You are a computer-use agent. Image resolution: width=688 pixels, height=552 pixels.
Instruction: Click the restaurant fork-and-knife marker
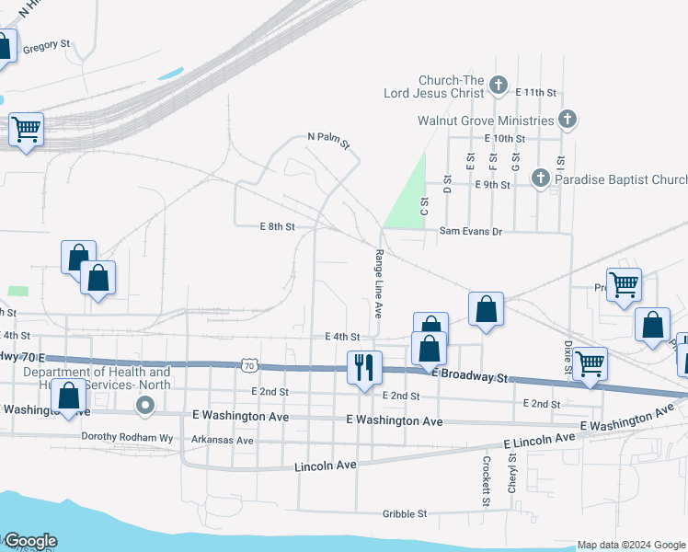tap(364, 368)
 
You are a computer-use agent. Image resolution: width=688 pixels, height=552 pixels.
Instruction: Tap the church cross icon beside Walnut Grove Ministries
tap(568, 120)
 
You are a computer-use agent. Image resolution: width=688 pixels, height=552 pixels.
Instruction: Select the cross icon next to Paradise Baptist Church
tap(541, 180)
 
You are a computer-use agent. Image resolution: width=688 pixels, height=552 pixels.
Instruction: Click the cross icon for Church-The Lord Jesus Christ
tap(499, 86)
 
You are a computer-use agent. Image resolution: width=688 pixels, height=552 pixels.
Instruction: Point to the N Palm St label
tap(329, 141)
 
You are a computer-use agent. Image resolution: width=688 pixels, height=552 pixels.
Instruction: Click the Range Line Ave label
tap(378, 284)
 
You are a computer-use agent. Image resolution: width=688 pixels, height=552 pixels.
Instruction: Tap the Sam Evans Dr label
tap(470, 232)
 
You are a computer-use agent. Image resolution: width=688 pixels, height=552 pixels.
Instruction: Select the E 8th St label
tap(278, 226)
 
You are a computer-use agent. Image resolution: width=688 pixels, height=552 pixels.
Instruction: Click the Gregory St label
tap(46, 44)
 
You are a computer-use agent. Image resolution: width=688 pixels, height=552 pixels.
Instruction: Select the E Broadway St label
tap(471, 377)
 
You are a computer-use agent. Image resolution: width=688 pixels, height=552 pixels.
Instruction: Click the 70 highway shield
tap(249, 365)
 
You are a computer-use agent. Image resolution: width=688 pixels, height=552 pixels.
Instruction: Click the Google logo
tap(29, 541)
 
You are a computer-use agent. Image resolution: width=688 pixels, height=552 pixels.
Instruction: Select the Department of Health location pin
tap(144, 405)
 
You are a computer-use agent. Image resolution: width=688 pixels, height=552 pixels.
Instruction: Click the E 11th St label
tap(536, 93)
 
